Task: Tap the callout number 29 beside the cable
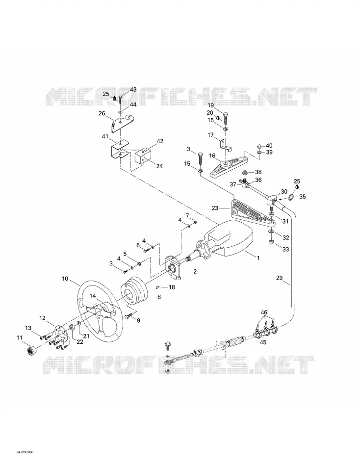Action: (x=280, y=278)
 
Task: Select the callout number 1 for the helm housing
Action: (x=258, y=258)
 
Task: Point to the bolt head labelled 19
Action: (x=225, y=115)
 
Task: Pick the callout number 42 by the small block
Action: (x=159, y=141)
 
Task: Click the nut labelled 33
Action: (x=271, y=242)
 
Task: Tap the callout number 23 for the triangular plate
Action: (x=215, y=208)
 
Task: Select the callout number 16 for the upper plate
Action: (x=212, y=155)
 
